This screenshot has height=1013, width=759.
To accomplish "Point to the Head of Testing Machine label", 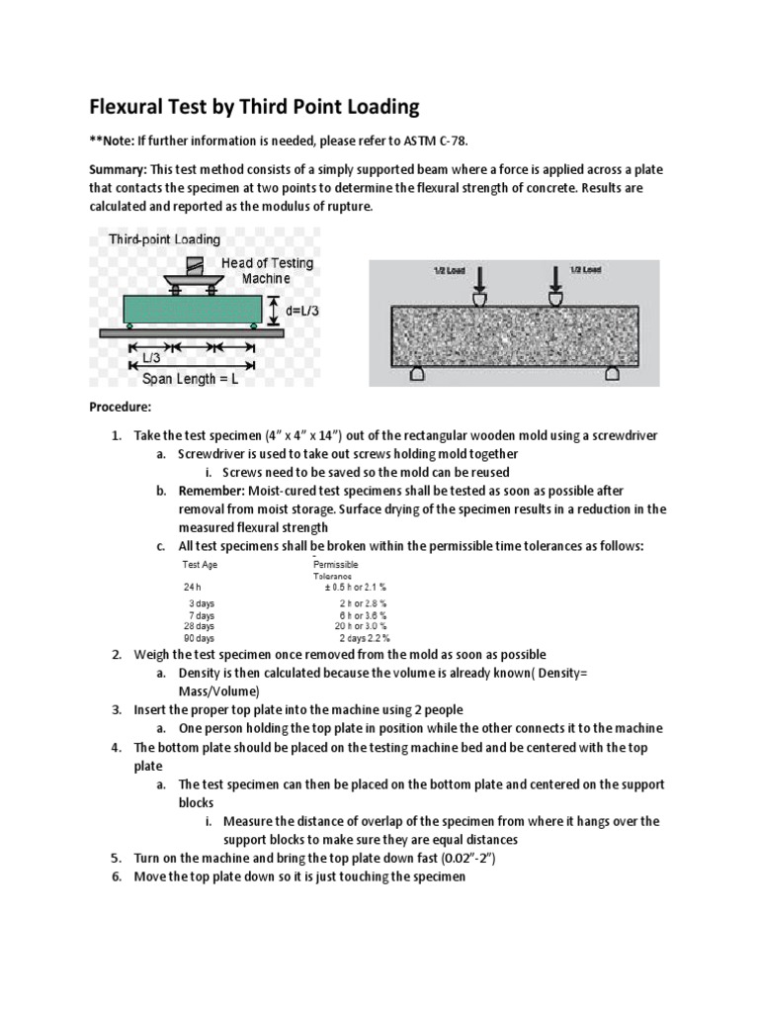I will click(268, 270).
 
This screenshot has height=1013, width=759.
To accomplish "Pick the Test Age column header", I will click(201, 565).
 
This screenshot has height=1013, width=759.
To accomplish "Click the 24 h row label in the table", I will click(192, 587).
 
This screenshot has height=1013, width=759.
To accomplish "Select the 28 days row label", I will click(199, 626).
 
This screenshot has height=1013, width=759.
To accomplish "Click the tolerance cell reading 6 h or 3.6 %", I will click(363, 614).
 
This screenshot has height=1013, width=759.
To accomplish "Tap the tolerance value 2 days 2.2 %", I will click(364, 639).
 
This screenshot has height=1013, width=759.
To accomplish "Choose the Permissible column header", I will click(336, 565).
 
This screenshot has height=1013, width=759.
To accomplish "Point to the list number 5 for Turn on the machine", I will click(115, 859).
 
